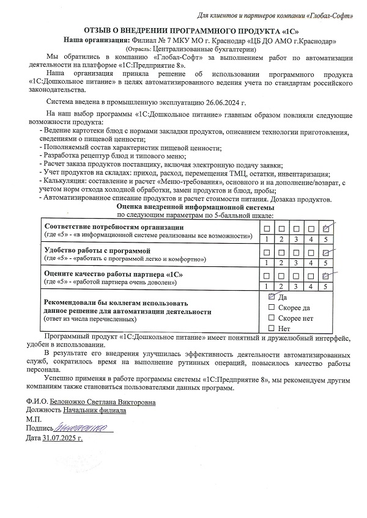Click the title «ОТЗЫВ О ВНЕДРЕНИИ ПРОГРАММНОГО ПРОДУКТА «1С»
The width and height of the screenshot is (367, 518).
point(183,31)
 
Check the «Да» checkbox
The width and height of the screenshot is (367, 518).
point(272,296)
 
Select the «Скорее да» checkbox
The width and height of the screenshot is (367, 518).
point(272,308)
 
